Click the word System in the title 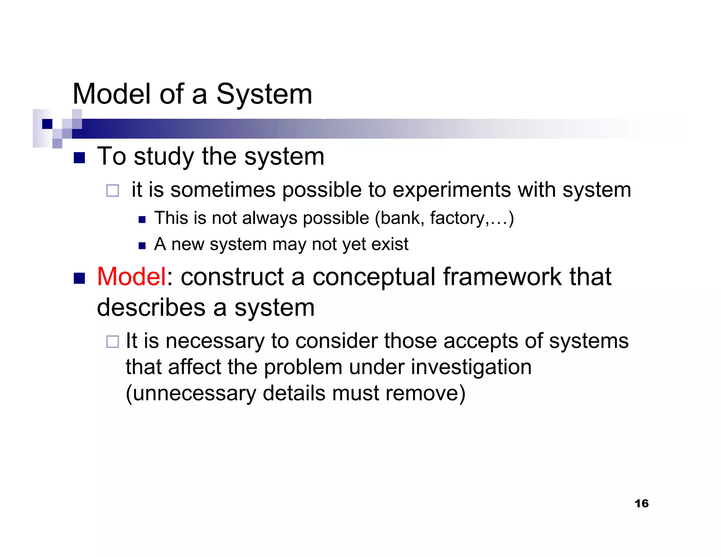click(x=264, y=94)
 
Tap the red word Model click(x=131, y=277)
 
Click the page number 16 click(x=641, y=503)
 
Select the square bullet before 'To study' click(x=80, y=158)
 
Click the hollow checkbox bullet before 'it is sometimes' click(x=113, y=190)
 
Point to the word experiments click(x=451, y=190)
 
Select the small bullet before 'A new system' click(x=142, y=246)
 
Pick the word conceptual click(x=374, y=277)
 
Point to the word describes click(x=151, y=307)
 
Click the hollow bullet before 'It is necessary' click(x=113, y=342)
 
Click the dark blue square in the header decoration click(x=47, y=124)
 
